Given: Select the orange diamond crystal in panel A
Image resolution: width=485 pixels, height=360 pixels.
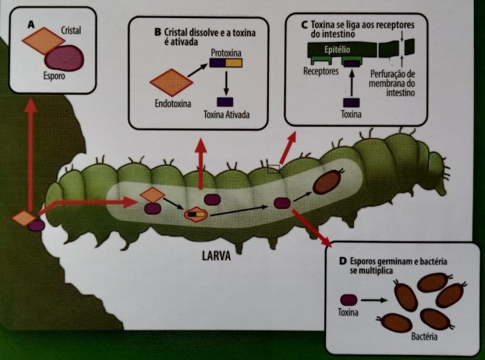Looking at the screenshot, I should (43, 40).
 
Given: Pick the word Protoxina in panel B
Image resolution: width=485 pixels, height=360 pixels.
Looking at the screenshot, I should (226, 52).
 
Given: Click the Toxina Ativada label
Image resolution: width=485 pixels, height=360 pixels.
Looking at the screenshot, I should (226, 114).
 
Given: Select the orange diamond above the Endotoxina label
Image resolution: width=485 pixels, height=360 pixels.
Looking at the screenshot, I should (171, 83).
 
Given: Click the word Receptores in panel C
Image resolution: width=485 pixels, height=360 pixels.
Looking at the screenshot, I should (321, 71).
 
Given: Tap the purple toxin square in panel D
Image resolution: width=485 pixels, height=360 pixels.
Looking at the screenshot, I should (346, 300).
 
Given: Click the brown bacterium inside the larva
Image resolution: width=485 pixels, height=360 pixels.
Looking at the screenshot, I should (327, 182).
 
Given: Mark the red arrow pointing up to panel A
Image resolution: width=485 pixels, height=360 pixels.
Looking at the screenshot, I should (30, 153).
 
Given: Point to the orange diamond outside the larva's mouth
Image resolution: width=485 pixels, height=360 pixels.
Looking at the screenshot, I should (24, 218).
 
